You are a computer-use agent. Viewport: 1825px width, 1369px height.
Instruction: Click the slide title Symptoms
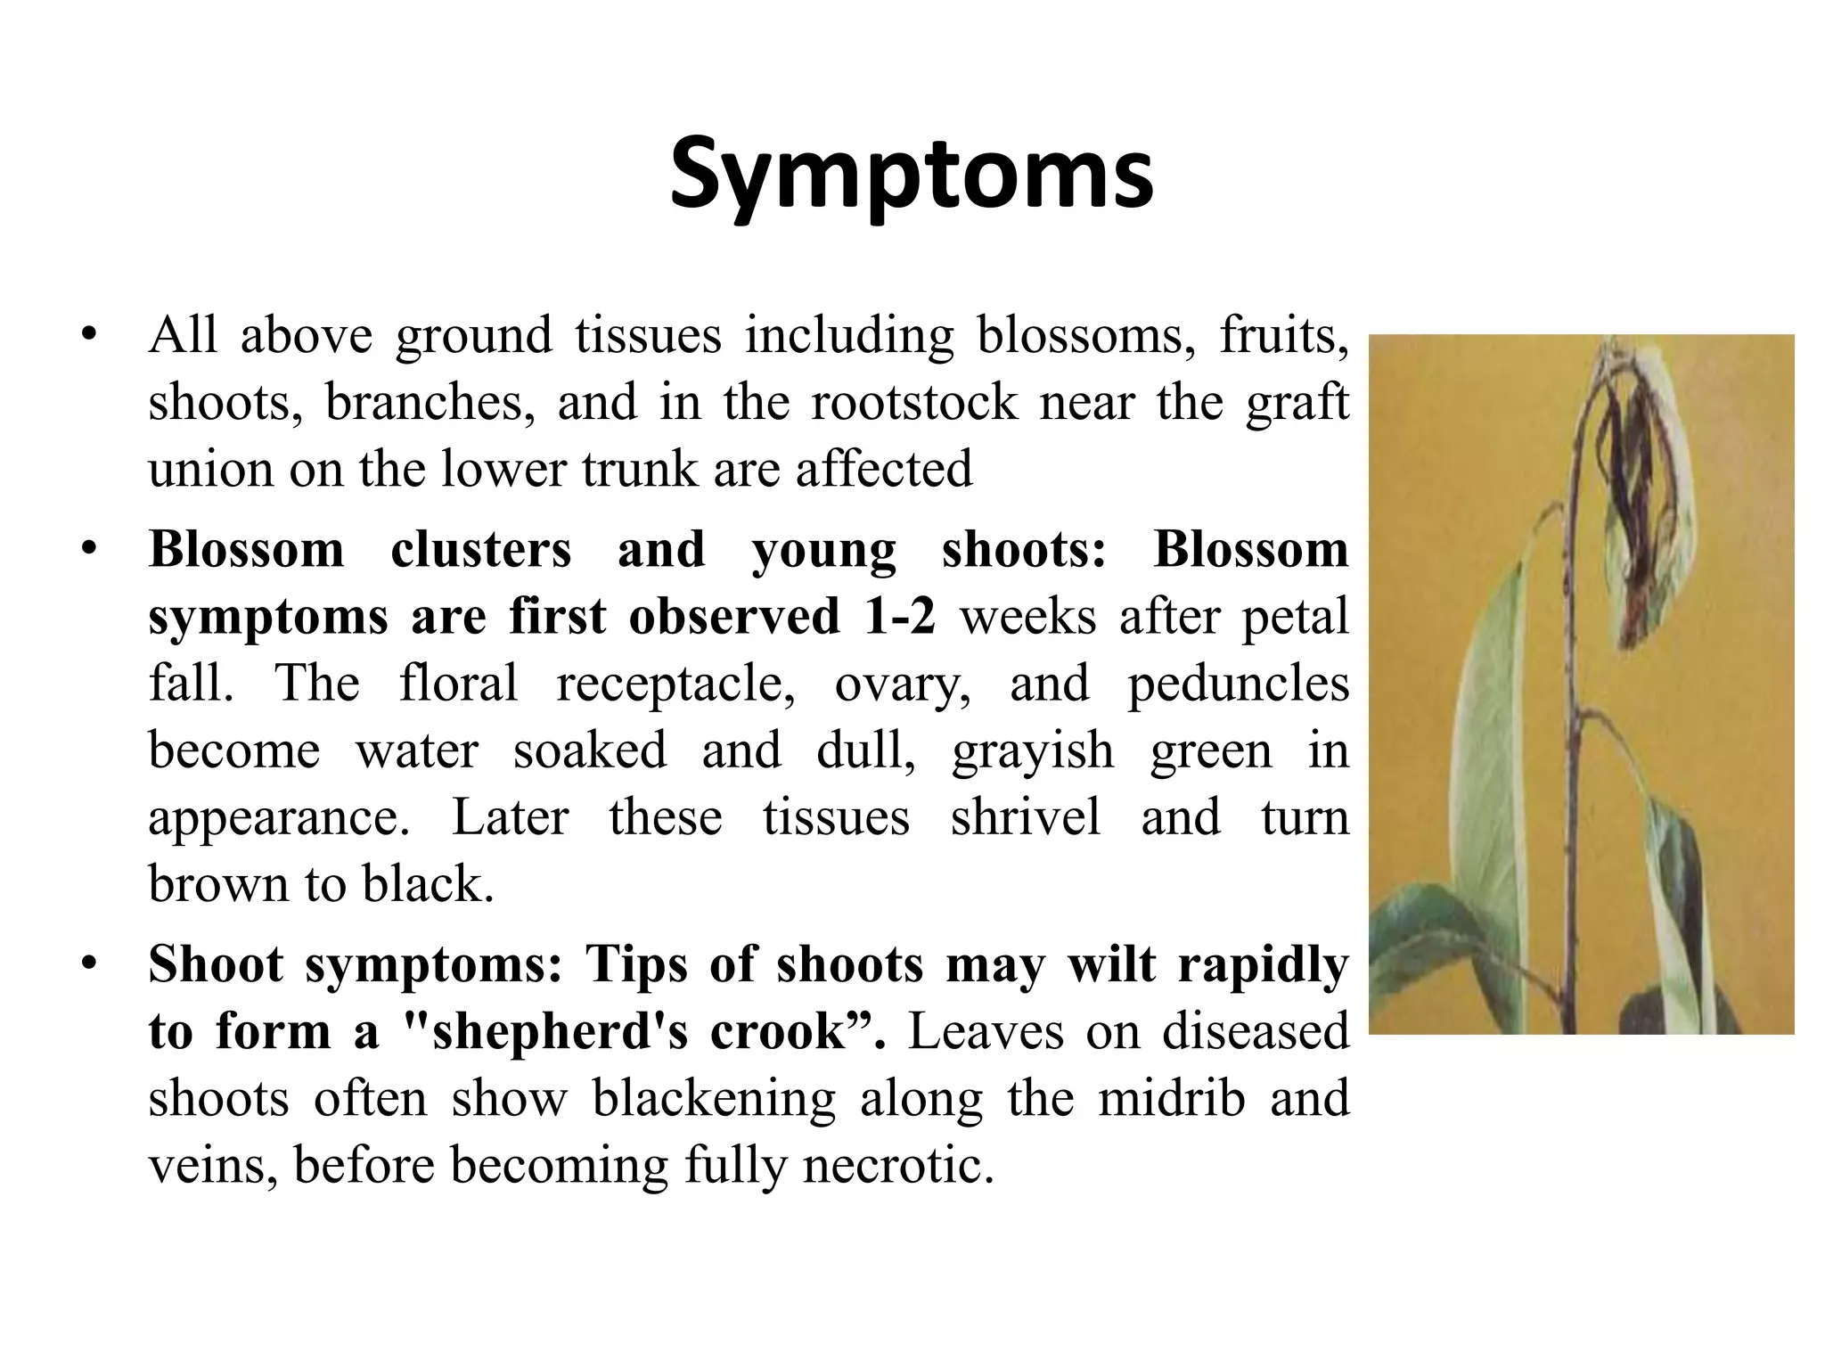911,175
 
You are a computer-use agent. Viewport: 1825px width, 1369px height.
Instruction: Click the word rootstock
913,402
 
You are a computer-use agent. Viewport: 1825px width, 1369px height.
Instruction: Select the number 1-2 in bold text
899,616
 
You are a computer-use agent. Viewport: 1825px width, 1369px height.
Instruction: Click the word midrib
1171,1098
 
